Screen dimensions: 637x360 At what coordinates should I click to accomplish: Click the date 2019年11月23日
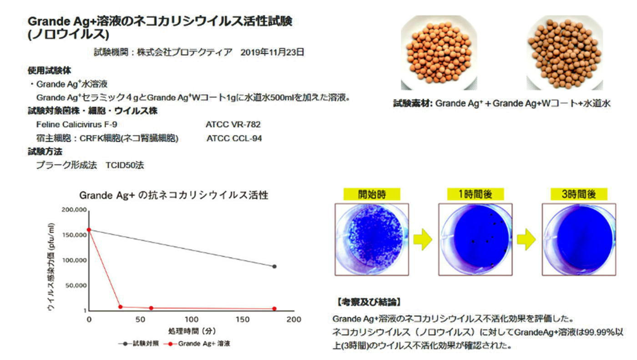[273, 52]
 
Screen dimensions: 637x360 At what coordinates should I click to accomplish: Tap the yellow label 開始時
[372, 194]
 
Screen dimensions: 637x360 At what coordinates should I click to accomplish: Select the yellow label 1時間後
[475, 194]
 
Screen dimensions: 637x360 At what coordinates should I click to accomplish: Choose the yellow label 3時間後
[579, 194]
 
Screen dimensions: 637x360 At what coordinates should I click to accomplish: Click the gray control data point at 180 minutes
[274, 266]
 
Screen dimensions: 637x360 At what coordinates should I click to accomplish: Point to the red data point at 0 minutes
[89, 230]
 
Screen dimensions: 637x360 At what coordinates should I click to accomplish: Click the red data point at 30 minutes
[120, 307]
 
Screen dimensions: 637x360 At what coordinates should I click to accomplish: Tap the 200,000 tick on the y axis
[74, 210]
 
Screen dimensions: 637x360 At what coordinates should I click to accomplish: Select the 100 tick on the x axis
[192, 319]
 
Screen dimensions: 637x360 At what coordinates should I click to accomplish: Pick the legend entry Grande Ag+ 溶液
[197, 344]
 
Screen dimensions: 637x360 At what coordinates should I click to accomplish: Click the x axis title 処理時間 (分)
[192, 331]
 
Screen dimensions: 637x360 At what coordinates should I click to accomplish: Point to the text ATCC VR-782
[233, 124]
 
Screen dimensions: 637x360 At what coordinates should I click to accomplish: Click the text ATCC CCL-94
[234, 138]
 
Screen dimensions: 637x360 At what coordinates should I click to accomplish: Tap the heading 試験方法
[45, 152]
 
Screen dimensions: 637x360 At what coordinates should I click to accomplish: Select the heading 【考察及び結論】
[369, 302]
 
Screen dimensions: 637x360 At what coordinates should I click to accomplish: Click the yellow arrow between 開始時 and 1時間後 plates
[423, 239]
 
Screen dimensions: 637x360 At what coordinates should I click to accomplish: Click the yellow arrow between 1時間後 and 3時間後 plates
[526, 239]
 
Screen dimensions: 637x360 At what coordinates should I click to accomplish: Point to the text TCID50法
[125, 165]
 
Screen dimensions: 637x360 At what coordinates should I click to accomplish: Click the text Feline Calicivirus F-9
[76, 124]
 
